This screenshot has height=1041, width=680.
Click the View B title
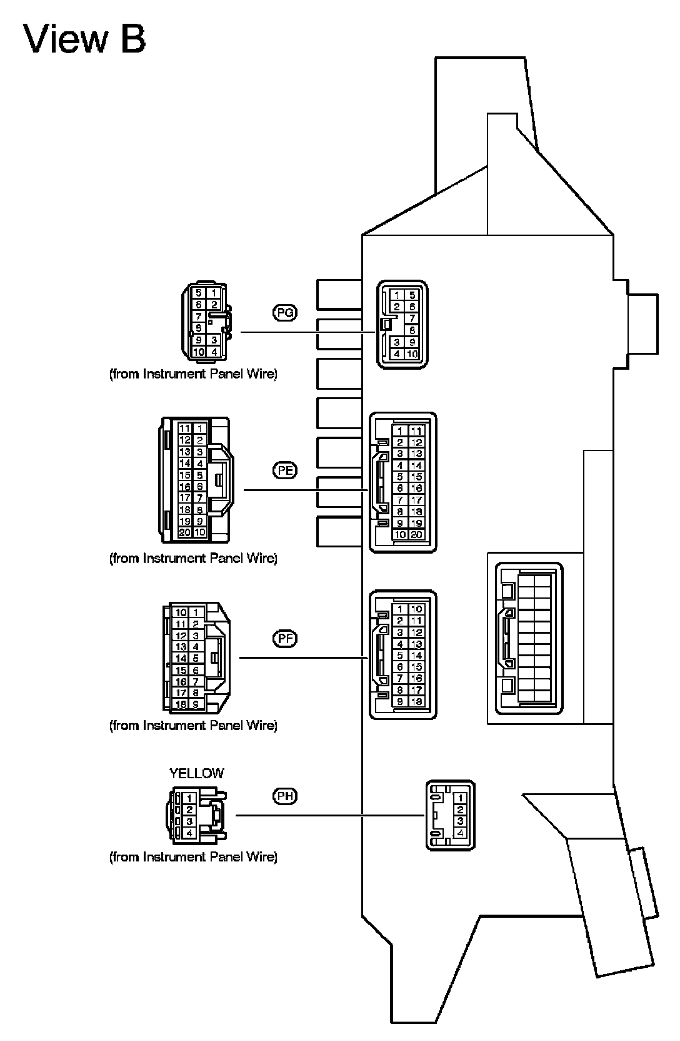(x=85, y=38)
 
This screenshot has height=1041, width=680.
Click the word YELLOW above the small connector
(x=196, y=773)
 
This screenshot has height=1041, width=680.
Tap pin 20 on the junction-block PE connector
(x=417, y=534)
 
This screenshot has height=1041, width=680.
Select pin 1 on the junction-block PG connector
(x=397, y=295)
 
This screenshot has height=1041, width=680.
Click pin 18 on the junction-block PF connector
(x=417, y=701)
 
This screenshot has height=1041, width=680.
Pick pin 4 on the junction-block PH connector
(x=461, y=833)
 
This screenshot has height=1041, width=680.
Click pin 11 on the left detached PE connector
(x=184, y=429)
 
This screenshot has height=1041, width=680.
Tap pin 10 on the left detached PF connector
(x=181, y=612)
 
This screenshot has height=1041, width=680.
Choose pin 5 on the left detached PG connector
(x=198, y=292)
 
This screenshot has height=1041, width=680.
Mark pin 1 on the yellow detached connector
(x=189, y=799)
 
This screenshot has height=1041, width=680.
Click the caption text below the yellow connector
(x=193, y=856)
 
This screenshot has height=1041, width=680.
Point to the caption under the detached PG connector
(x=193, y=374)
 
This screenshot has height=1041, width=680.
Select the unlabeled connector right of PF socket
(x=529, y=638)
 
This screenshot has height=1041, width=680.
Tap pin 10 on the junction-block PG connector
(x=412, y=354)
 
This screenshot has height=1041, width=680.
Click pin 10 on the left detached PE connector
(x=199, y=532)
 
